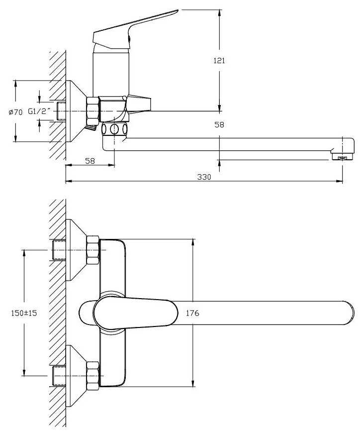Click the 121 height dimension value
coord(219,61)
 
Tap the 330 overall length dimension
coord(204,177)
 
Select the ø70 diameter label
coord(15,112)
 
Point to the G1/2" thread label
coord(39,111)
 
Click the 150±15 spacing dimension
coord(24,313)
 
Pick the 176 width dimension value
coord(192,313)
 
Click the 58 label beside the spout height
coord(219,125)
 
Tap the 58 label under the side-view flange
coord(90,161)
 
